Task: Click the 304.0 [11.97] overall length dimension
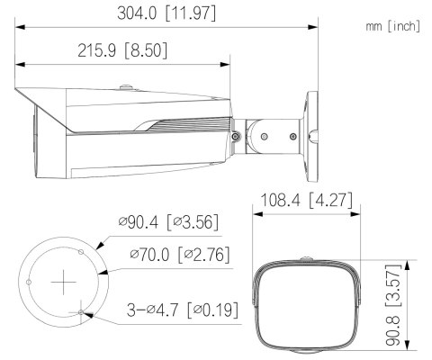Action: coord(166,15)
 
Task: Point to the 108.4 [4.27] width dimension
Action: coord(302,199)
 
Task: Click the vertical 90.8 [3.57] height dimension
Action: coord(415,304)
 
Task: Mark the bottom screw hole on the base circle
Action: coord(82,312)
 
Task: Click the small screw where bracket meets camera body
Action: coord(234,136)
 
